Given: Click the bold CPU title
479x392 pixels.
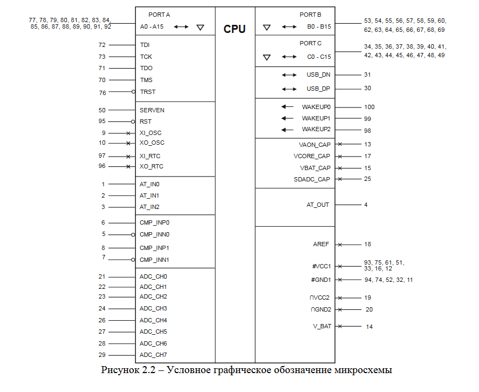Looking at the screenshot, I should coord(235,29).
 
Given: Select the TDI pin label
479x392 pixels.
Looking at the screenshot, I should coord(145,45).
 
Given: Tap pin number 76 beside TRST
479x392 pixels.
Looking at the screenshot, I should coord(102,92).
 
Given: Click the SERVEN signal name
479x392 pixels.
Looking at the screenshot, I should coord(152,110).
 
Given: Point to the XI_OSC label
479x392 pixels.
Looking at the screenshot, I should coord(150,133).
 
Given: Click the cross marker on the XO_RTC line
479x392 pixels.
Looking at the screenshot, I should coord(128,166).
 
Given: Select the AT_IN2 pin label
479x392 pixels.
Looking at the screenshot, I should coord(149,207).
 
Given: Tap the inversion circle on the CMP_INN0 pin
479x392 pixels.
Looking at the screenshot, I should coord(133,234).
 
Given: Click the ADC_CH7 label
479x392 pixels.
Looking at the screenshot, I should coord(153,355).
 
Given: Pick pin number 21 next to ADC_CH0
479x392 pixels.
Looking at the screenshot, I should coord(102,276).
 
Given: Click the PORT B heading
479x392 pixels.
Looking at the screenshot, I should coord(311,15).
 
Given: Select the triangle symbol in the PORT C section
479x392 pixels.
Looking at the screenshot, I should coord(266,57).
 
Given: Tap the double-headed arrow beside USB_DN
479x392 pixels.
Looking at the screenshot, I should coord(290,75).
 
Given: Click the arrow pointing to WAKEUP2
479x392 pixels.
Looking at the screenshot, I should coord(288,130).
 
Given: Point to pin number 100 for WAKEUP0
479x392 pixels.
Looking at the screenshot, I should coord(369,107).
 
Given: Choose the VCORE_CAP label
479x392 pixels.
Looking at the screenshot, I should coord(312,156).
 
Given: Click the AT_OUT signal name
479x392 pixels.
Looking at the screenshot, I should coord(318,205).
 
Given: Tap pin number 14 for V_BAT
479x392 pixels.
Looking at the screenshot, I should coord(369,327).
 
